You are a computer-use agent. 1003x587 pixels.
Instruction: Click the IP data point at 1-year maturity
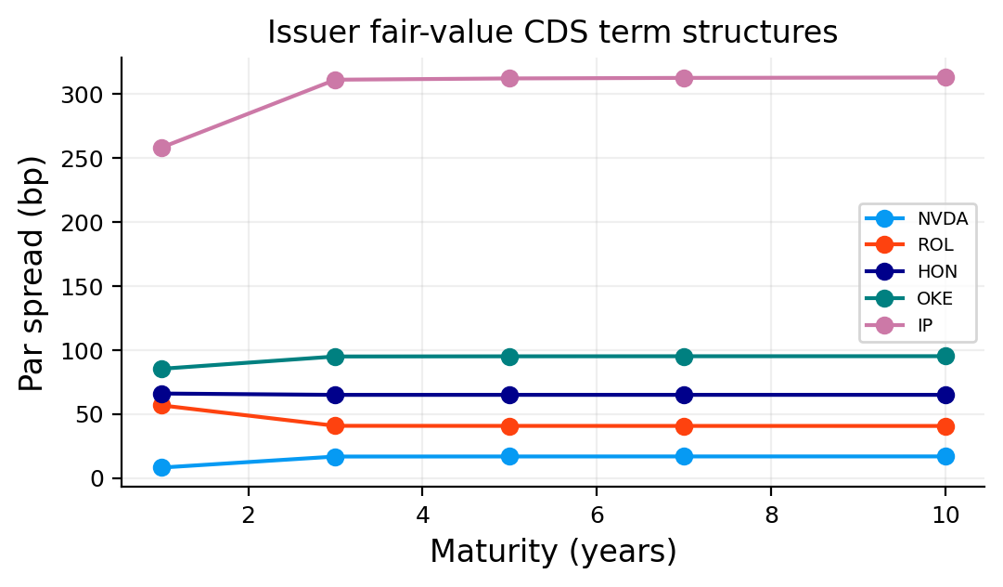point(161,148)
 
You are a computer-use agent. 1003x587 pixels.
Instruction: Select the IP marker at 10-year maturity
point(945,77)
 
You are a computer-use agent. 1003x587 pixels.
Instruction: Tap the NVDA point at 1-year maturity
point(161,467)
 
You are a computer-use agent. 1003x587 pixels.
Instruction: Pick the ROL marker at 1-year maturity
point(161,405)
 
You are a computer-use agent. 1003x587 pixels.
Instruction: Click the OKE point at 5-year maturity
point(509,357)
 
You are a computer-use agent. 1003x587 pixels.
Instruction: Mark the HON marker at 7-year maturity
point(685,395)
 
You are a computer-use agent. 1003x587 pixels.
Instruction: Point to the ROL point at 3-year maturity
point(335,425)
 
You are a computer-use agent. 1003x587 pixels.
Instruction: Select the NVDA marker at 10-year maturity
point(945,456)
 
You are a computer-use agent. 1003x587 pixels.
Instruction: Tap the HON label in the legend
point(937,272)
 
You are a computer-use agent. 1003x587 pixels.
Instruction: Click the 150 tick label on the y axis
point(82,287)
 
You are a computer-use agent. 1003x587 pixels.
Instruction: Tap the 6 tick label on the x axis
point(597,515)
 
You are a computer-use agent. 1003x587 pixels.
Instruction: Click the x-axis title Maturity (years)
point(553,552)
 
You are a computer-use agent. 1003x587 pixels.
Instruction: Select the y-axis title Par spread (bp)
point(32,273)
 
